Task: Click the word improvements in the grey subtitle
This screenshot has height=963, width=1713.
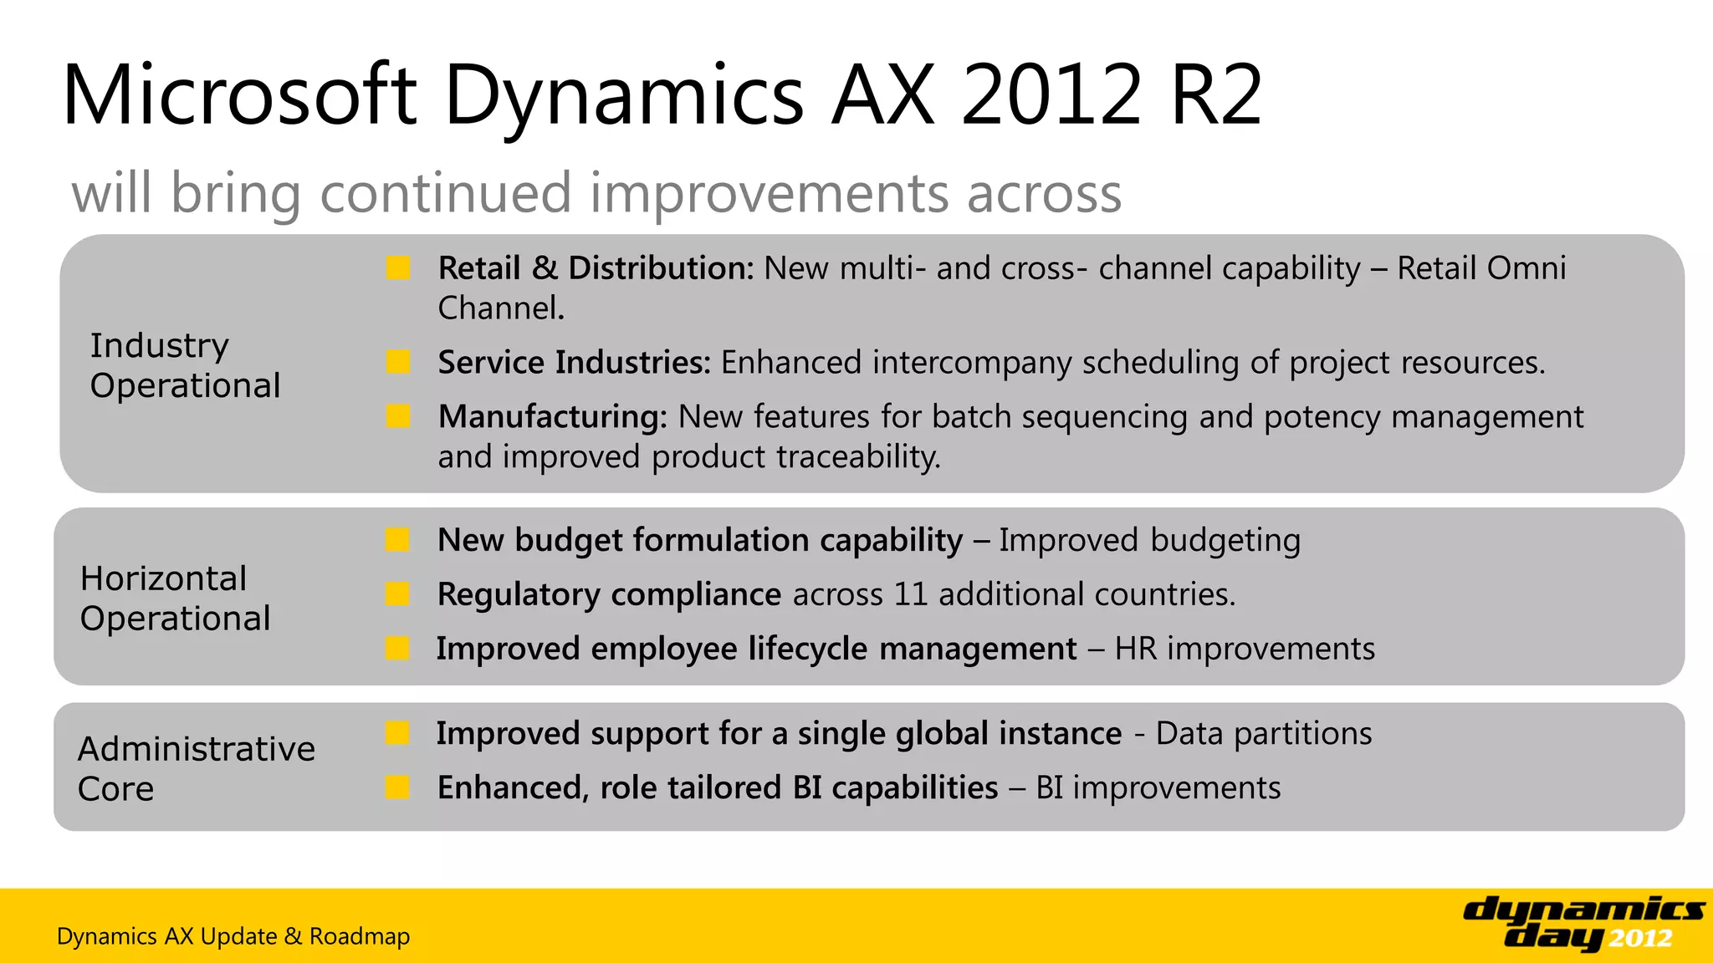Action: (769, 194)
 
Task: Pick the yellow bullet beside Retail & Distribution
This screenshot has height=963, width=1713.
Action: (398, 268)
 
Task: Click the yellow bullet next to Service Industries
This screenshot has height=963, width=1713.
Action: (398, 363)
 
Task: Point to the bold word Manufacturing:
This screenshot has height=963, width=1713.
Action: (552, 417)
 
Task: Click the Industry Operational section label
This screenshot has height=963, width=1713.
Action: (185, 365)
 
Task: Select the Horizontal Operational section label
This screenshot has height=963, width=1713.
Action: (175, 599)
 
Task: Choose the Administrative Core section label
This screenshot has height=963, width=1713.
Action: (196, 768)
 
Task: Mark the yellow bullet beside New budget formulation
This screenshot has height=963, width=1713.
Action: (397, 540)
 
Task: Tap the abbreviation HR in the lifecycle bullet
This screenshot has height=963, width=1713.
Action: (1135, 649)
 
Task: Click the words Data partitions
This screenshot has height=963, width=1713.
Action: (1263, 733)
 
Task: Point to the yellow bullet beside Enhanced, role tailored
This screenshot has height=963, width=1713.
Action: (397, 787)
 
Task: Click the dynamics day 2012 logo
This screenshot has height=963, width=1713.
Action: (1583, 923)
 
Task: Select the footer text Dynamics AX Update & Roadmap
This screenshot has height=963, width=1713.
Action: (233, 936)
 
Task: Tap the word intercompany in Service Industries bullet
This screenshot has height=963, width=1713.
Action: (971, 363)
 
